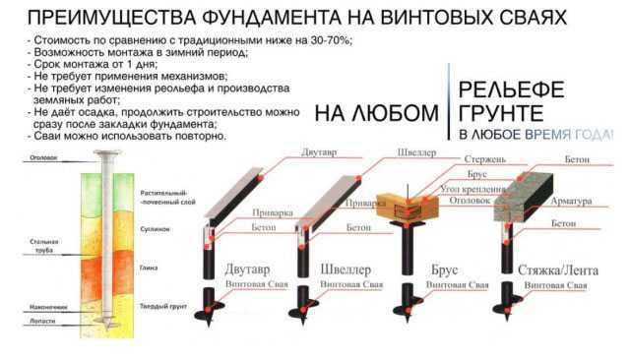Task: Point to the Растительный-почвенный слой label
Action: [164, 198]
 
